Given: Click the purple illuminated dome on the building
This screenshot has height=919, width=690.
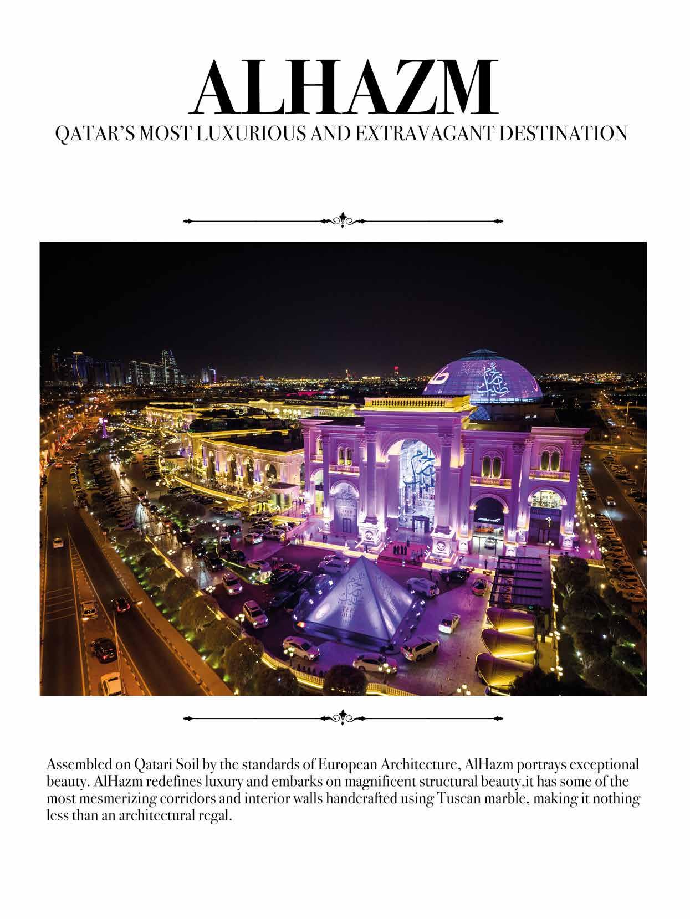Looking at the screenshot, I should click(482, 374).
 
